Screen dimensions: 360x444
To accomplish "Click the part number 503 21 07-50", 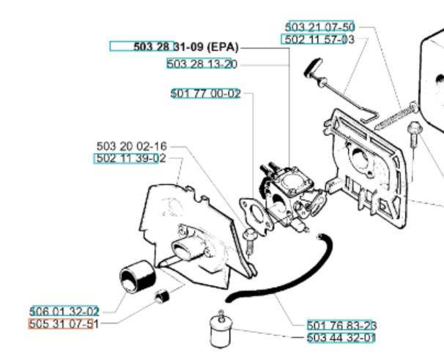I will pos(319,28).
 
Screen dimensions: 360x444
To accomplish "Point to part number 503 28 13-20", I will pos(201,65).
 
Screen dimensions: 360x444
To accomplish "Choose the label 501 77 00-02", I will pos(205,93).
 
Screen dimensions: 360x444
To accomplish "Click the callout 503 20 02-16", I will pos(132,147).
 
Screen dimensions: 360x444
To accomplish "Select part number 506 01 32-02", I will pos(64,312).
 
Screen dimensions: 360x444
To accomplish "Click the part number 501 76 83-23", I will pos(341,326).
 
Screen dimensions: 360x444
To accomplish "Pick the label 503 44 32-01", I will pos(341,338).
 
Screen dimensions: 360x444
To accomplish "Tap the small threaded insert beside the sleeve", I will pos(164,298).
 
